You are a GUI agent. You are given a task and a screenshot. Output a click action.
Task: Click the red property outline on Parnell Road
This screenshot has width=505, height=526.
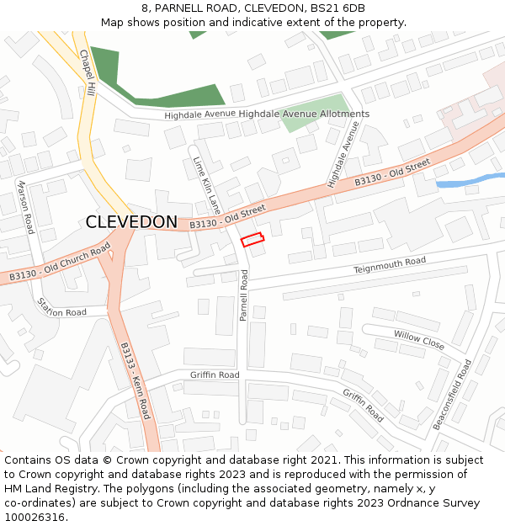pyautogui.click(x=252, y=239)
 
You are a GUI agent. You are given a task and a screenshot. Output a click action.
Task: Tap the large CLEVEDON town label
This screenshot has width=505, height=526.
pyautogui.click(x=131, y=222)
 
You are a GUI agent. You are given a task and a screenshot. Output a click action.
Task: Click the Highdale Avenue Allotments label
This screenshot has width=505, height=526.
pyautogui.click(x=304, y=114)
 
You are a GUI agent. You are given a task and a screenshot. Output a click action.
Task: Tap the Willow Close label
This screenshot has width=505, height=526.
pyautogui.click(x=419, y=340)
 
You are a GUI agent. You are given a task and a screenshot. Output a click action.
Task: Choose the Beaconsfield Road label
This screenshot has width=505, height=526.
pyautogui.click(x=452, y=395)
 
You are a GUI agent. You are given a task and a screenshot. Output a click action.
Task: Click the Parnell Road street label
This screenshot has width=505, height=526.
pyautogui.click(x=243, y=295)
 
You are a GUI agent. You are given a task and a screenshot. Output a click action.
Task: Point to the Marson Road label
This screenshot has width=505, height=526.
pyautogui.click(x=25, y=206)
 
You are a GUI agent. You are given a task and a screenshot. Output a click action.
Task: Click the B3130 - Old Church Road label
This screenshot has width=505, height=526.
pyautogui.click(x=60, y=263)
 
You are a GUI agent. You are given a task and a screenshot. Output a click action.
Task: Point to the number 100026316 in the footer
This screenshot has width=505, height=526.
pyautogui.click(x=34, y=517)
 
